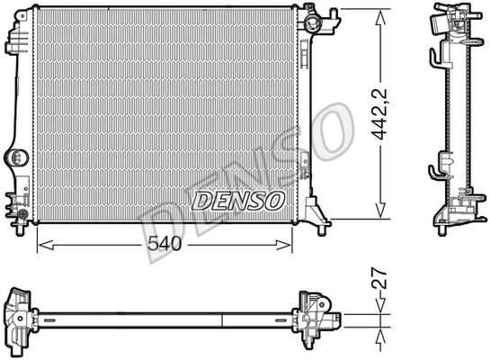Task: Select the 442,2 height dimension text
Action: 382,113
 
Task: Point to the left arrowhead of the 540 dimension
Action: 40,244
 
